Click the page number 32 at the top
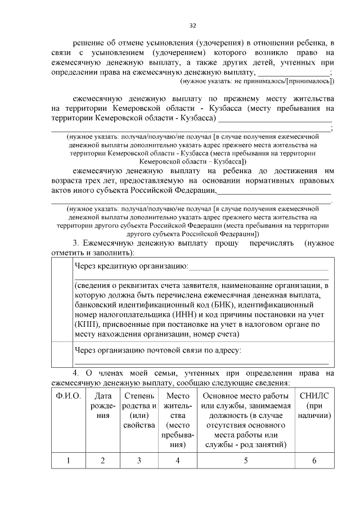pos(192,25)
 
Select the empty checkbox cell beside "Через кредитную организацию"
pos(61,299)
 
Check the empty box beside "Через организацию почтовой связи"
pos(61,356)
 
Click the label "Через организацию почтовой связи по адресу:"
pos(158,350)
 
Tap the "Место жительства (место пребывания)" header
pos(177,420)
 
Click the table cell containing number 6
pos(315,461)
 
